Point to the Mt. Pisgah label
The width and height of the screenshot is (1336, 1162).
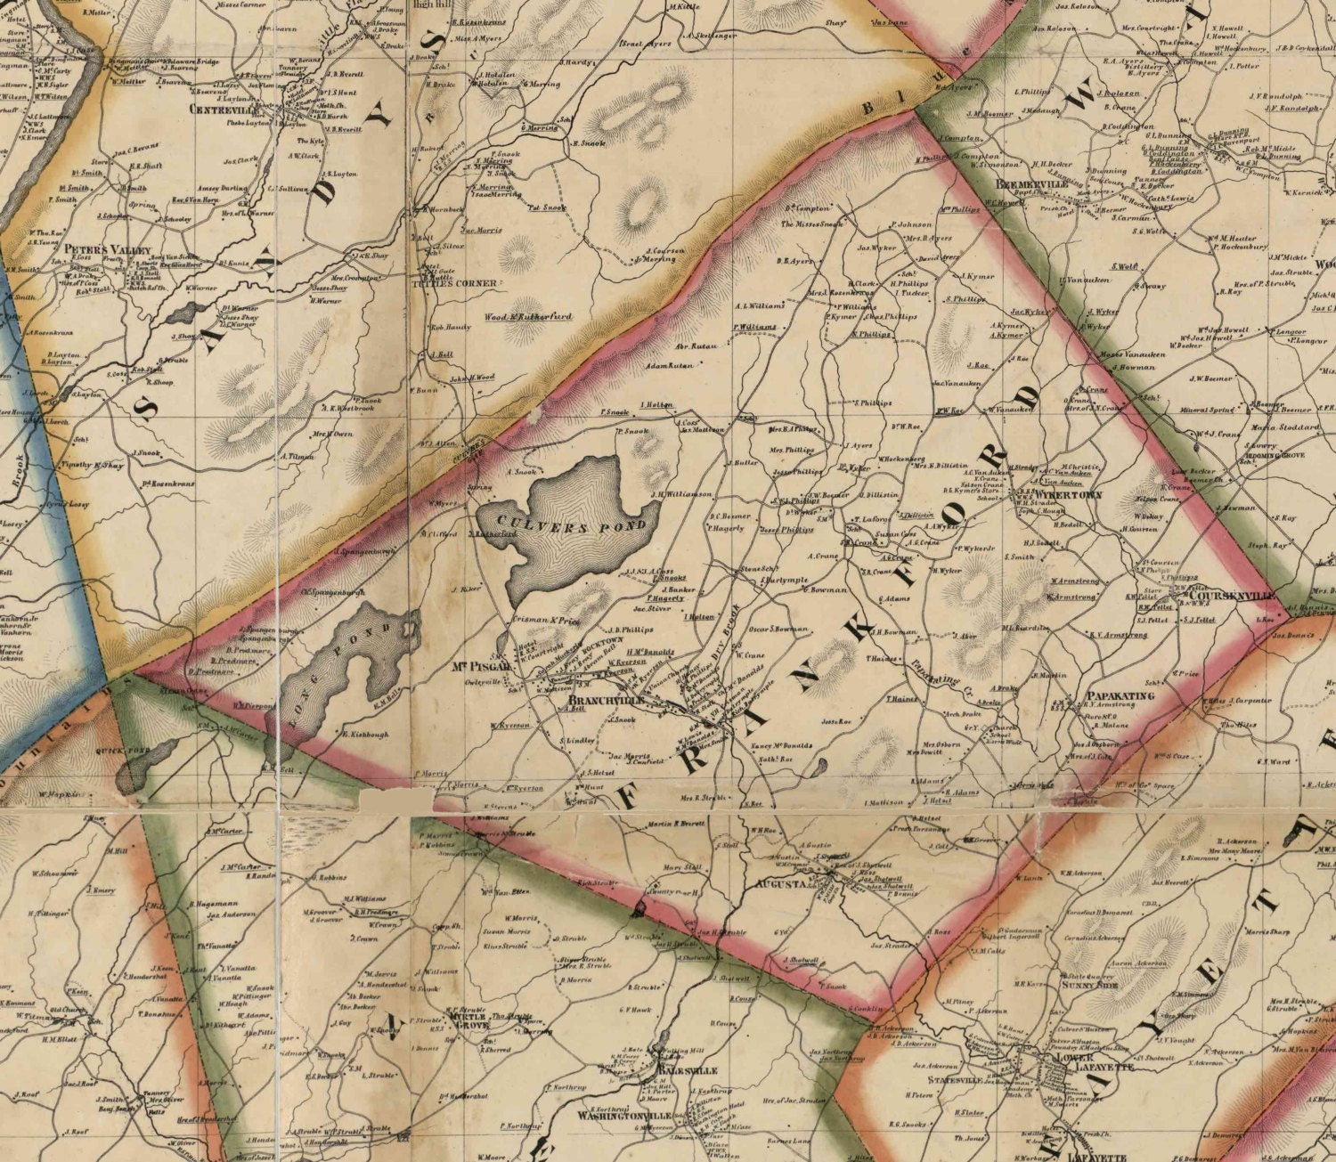[x=486, y=664]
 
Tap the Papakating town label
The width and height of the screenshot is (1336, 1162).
[x=1120, y=695]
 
